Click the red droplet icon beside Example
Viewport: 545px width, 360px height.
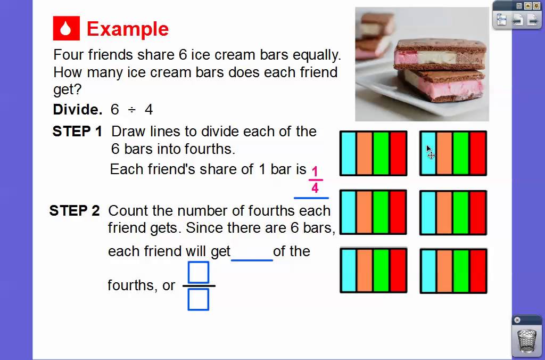click(66, 29)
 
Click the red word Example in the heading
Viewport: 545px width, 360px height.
click(127, 29)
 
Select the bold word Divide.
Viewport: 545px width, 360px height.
click(78, 110)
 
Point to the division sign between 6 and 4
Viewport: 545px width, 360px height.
click(131, 110)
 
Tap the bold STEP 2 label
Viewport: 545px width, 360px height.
click(75, 211)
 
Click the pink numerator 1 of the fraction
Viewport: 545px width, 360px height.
click(315, 172)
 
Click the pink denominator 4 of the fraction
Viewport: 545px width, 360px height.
click(315, 188)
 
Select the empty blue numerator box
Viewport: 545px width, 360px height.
click(199, 273)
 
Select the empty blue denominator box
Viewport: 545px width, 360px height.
click(199, 299)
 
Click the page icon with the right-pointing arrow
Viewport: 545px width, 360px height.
click(532, 20)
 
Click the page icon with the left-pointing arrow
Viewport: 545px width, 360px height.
click(517, 20)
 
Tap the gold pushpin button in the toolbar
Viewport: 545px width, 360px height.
click(528, 6)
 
